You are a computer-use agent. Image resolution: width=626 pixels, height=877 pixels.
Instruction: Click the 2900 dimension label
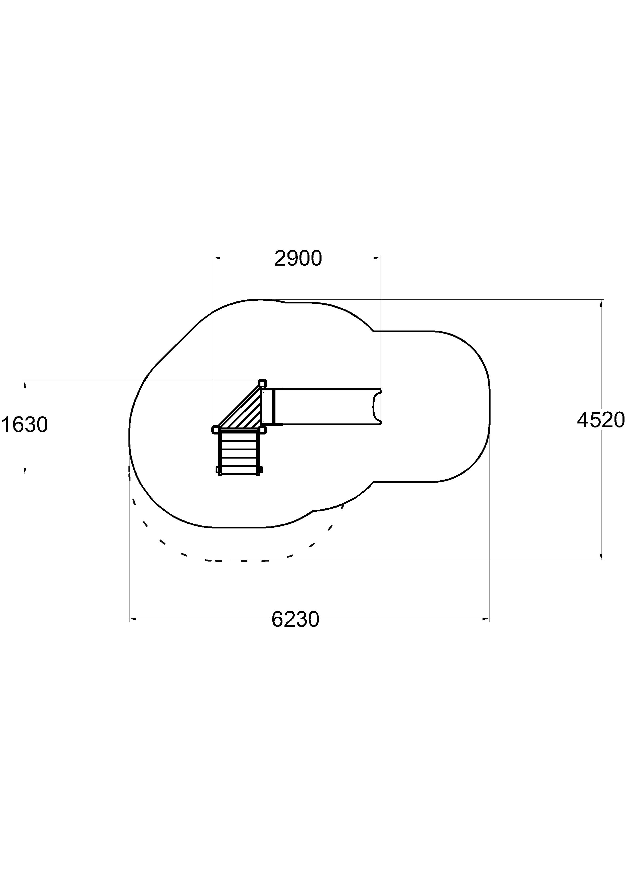pos(298,259)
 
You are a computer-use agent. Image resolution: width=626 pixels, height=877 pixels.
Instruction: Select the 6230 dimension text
pos(295,620)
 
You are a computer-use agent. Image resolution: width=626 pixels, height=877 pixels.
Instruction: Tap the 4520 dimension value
pos(600,420)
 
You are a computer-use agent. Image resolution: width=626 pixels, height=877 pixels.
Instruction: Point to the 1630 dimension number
pos(25,425)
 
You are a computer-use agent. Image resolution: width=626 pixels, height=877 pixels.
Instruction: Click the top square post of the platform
pos(262,383)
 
